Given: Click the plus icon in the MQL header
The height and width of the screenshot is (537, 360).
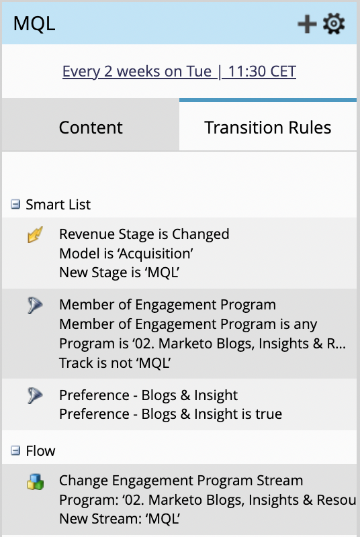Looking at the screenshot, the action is [307, 24].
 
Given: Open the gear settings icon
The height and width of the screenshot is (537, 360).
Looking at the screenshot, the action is [334, 23].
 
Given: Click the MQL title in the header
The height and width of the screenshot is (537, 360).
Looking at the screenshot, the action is [34, 23].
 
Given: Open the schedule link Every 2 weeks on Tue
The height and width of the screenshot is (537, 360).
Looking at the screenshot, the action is [179, 71].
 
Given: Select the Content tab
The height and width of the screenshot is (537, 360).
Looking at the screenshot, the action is [91, 128].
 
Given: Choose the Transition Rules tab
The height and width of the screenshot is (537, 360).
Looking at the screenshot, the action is [268, 128].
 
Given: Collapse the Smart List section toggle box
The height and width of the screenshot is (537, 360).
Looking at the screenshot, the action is [15, 205].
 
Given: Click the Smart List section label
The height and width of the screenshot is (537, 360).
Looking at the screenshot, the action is [58, 205].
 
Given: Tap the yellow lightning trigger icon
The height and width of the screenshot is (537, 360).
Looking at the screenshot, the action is [36, 234].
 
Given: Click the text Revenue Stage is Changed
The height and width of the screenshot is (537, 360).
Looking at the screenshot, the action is [144, 234].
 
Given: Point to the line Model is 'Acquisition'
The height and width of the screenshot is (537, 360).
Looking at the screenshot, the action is [126, 254].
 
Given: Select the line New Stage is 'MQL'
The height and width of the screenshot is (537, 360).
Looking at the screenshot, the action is [120, 273].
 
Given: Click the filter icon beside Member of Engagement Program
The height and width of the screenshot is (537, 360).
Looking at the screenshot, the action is [36, 305].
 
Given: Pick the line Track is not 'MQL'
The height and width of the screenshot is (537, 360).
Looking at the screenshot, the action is [115, 362].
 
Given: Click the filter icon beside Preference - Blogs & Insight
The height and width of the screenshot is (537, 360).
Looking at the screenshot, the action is [36, 395].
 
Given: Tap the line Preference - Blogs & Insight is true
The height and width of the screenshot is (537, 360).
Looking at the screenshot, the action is [171, 414].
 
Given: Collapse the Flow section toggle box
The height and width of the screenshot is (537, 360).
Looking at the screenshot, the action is [15, 450].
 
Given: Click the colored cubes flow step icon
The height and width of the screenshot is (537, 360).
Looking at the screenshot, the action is [36, 481].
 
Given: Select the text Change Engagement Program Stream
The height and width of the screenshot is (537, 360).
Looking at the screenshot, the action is [181, 481].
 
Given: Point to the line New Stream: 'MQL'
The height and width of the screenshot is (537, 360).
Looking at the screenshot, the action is [120, 519].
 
